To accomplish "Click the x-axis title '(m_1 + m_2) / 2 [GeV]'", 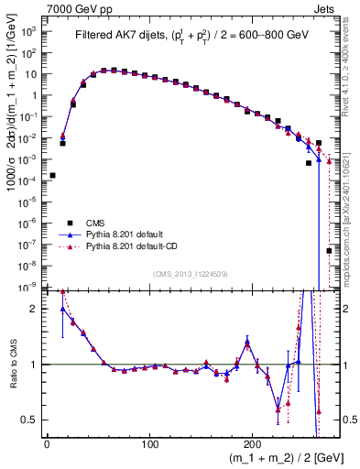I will point(276,459).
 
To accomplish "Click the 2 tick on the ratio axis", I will point(37,310).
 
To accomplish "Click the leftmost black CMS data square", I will point(52,175).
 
